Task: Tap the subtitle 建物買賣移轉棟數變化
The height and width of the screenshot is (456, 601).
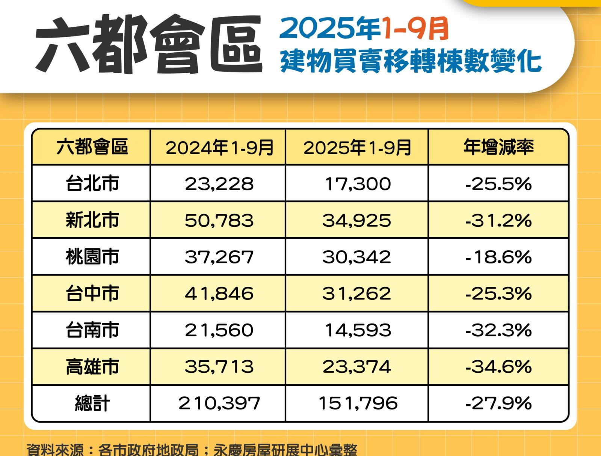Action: point(411,61)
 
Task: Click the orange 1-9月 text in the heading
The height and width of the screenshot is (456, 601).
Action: point(415,29)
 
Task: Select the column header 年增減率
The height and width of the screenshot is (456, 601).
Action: point(498,147)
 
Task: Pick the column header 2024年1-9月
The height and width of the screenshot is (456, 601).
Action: point(219,147)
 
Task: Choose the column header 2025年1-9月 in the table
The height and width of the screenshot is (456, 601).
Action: point(357,147)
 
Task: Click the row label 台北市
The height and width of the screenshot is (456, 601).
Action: point(92,184)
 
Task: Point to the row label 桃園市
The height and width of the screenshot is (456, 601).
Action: point(92,257)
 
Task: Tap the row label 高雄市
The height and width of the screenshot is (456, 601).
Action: point(92,367)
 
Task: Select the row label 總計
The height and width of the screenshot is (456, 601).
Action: point(92,403)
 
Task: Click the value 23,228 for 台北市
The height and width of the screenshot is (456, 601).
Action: point(219,184)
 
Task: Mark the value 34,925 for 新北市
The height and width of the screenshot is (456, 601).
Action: point(357,220)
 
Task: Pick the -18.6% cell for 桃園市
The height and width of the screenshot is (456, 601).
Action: point(498,257)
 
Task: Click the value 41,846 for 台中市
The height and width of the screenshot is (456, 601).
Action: point(219,293)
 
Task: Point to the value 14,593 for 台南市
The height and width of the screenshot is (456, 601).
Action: point(358,330)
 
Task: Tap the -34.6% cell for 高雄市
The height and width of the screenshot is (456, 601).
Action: point(498,367)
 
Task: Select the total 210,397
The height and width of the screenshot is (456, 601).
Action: point(219,403)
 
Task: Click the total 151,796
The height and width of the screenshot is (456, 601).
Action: point(358,403)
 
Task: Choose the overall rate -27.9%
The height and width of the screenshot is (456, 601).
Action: point(498,403)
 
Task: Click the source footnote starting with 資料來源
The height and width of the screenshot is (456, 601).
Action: point(192,450)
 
